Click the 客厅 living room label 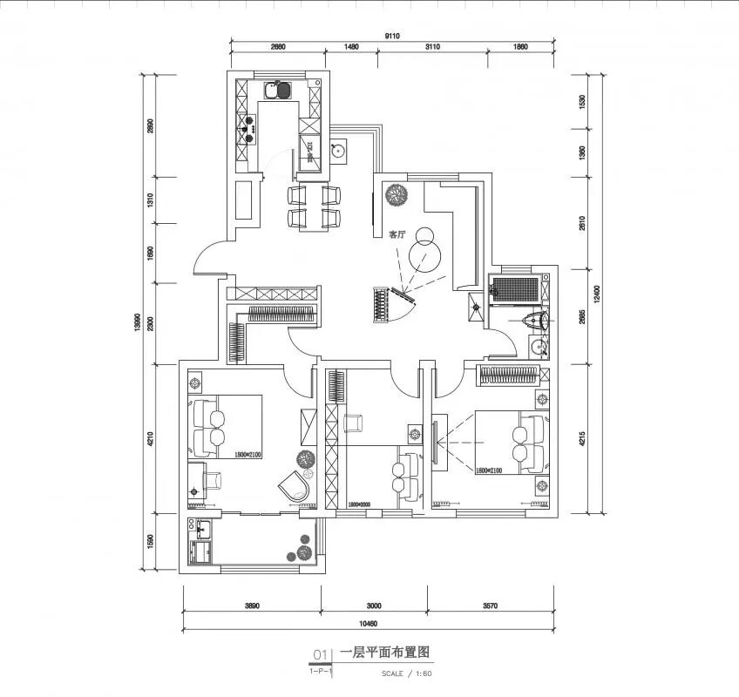tap(397, 234)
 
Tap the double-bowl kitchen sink tap(278, 90)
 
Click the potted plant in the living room tap(397, 194)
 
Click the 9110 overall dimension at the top tap(392, 36)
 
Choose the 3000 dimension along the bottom tap(373, 606)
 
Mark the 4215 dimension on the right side tap(582, 436)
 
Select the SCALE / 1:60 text tap(406, 673)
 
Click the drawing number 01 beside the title tap(319, 653)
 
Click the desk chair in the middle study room tap(354, 423)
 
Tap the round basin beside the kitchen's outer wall tap(339, 148)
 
